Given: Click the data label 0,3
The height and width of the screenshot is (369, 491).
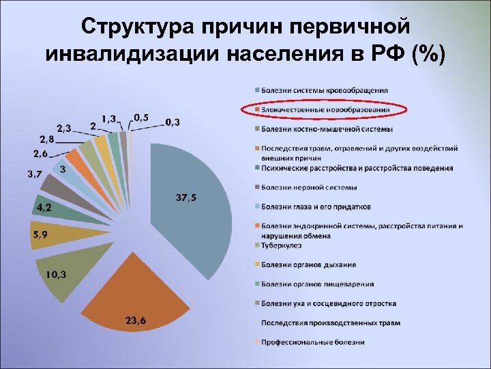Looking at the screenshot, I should [174, 122].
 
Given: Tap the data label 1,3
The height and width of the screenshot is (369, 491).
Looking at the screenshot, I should [108, 119].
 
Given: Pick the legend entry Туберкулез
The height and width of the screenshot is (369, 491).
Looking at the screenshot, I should [279, 245].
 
